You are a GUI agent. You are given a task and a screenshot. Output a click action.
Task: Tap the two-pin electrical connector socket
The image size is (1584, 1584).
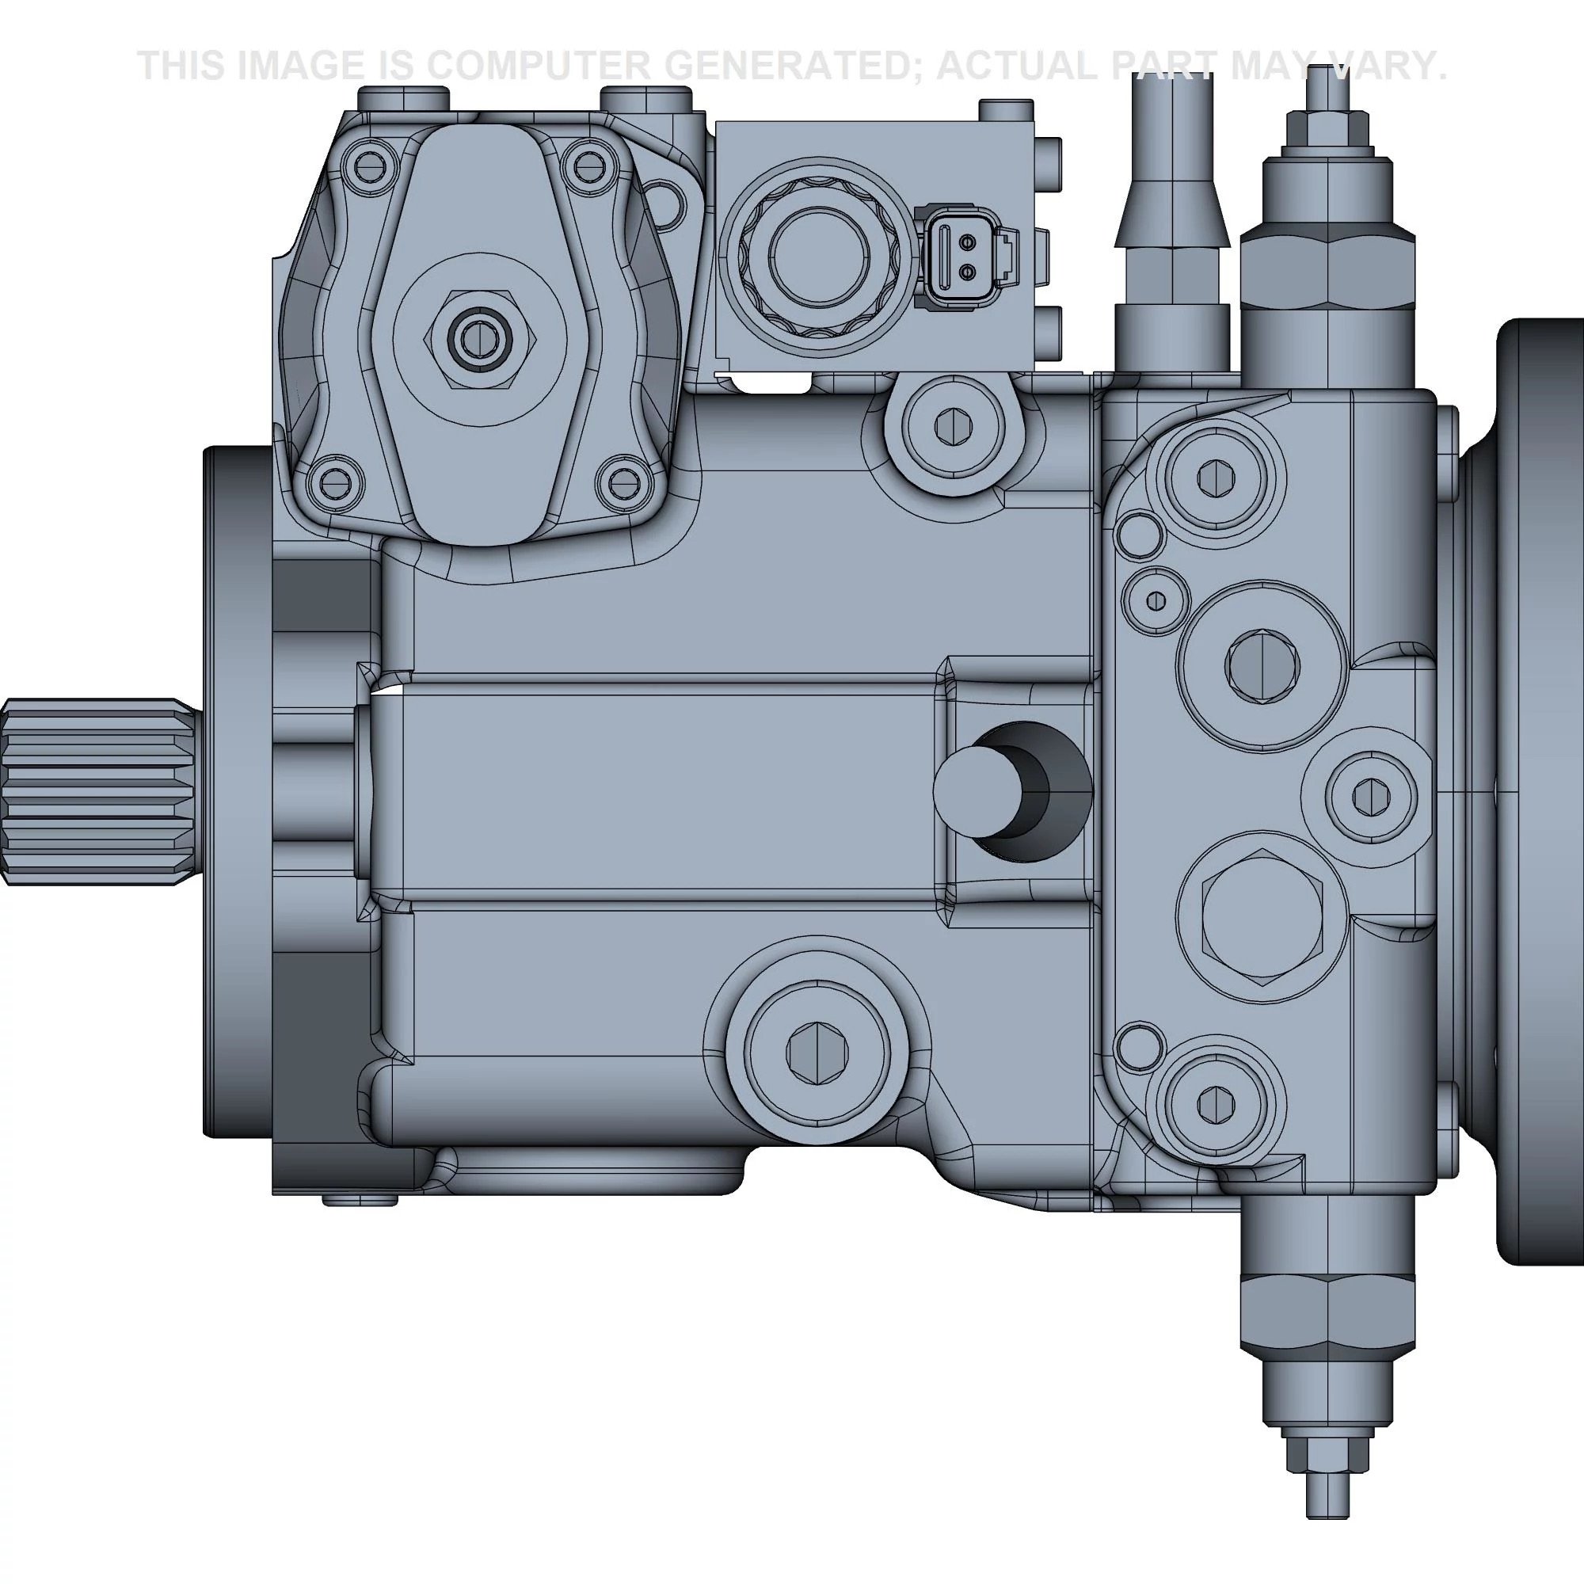tap(969, 257)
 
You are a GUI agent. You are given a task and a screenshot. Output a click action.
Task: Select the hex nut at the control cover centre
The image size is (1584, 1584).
tap(480, 337)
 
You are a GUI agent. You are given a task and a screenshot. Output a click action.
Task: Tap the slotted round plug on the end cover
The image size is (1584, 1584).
tap(1262, 665)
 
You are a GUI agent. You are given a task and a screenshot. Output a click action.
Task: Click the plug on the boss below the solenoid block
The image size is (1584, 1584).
tap(950, 427)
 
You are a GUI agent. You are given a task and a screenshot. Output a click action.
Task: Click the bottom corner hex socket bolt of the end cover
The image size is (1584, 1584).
tap(1215, 1104)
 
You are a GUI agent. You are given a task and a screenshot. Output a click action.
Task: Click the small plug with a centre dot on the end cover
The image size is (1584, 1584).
tap(1156, 601)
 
